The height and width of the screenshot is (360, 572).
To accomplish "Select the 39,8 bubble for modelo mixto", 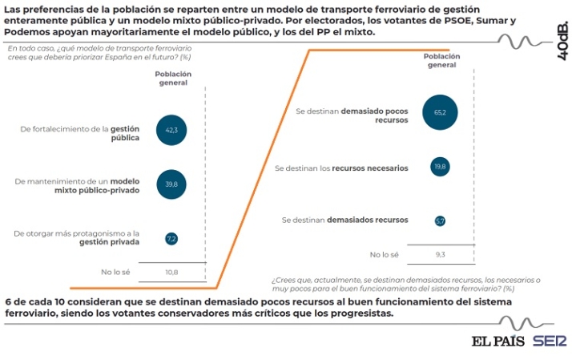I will pyautogui.click(x=171, y=184).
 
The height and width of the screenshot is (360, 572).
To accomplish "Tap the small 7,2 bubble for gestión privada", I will pyautogui.click(x=171, y=238).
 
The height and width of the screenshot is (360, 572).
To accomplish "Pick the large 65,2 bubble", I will pyautogui.click(x=440, y=113).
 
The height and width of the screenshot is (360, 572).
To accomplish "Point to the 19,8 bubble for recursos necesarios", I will pyautogui.click(x=440, y=167).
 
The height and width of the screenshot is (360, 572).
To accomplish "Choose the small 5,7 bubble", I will pyautogui.click(x=440, y=220).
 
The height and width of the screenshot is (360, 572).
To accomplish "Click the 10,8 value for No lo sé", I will pyautogui.click(x=171, y=273).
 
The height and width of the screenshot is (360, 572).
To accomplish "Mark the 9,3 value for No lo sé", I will pyautogui.click(x=440, y=254).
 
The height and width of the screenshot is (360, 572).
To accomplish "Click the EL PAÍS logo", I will pyautogui.click(x=497, y=340).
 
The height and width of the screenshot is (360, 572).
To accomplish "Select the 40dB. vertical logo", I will pyautogui.click(x=562, y=40).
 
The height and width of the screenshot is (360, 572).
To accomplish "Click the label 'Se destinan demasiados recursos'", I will pyautogui.click(x=346, y=220).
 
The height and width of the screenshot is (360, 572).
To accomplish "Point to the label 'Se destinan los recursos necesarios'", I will pyautogui.click(x=341, y=168).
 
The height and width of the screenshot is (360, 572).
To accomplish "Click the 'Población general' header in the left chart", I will pyautogui.click(x=172, y=78).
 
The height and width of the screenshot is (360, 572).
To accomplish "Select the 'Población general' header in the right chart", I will pyautogui.click(x=441, y=60).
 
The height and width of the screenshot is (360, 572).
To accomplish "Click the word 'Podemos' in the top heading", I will pyautogui.click(x=27, y=32).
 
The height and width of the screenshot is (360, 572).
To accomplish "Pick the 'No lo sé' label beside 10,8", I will pyautogui.click(x=115, y=273).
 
